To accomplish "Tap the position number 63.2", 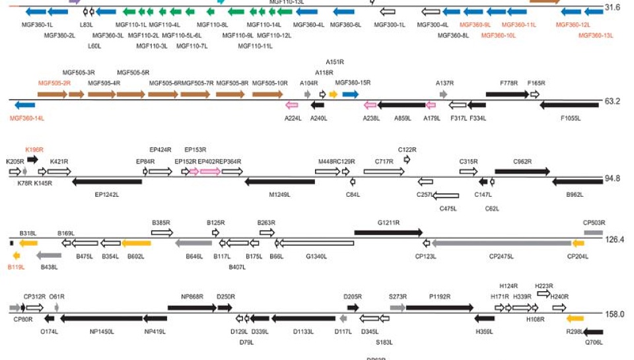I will (x=614, y=102).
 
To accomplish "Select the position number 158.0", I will (x=614, y=314).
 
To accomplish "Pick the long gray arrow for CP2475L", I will (x=501, y=244).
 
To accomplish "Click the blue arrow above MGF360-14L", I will (x=24, y=105).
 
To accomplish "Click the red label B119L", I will (x=17, y=267).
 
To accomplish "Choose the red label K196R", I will (x=34, y=150).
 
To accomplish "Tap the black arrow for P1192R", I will (x=439, y=307).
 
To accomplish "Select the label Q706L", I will (x=594, y=343).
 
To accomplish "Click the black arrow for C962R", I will (x=522, y=171).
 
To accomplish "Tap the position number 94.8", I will (x=614, y=178).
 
